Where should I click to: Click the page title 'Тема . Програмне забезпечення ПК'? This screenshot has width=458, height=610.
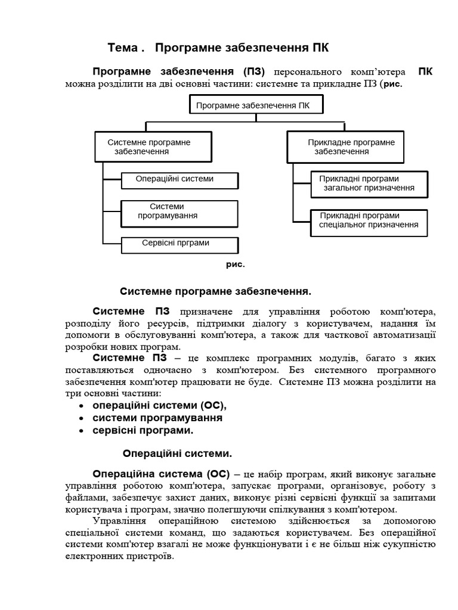tap(218, 47)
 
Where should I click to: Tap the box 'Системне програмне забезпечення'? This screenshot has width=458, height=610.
tap(152, 147)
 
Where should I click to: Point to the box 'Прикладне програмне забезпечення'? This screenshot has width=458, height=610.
tap(346, 147)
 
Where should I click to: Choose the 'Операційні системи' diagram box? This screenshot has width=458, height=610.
tap(179, 180)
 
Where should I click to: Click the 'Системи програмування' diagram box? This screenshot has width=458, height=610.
tap(179, 212)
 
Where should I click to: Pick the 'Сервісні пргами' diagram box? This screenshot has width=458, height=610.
tap(179, 244)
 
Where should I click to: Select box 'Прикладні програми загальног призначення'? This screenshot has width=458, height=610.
tap(369, 183)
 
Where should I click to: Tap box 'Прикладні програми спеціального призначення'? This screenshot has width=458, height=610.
tap(369, 220)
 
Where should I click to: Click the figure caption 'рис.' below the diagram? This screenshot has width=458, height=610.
tap(235, 264)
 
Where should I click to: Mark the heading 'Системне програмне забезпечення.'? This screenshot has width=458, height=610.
tap(216, 291)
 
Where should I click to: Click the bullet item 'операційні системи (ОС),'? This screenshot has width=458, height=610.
tap(160, 405)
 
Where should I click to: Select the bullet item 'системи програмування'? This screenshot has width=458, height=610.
tap(157, 418)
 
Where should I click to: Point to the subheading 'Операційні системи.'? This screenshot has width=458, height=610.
tap(177, 453)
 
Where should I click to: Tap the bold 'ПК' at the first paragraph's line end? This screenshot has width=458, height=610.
tap(425, 72)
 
